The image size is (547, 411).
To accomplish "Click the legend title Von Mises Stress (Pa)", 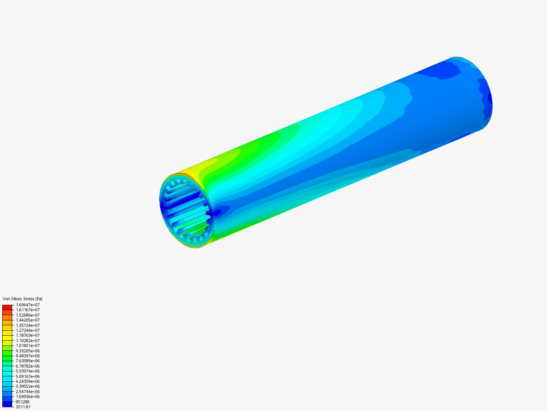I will point(22,299).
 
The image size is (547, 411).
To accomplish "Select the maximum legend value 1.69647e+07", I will point(28,305).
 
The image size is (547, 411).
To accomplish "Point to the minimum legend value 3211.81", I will point(23,407).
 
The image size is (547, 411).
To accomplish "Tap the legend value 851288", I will point(22,402).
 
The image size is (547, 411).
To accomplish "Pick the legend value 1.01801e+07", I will point(28,346).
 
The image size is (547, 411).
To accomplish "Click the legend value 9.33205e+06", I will point(28,351).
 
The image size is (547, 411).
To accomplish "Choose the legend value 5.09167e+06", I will point(28,376).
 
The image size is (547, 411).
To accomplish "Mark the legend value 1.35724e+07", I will point(28,325).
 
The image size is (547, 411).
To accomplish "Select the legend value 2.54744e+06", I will point(28,392).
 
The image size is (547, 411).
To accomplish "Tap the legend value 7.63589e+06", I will point(28,361).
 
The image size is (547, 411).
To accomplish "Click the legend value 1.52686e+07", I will point(28,315).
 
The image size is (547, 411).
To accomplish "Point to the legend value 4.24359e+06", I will point(28,381).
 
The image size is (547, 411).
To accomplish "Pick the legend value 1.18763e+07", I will point(28,335).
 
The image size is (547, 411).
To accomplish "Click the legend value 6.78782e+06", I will point(28,366).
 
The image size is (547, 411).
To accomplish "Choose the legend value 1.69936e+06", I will point(28,397).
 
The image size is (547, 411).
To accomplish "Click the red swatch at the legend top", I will point(7,307).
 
